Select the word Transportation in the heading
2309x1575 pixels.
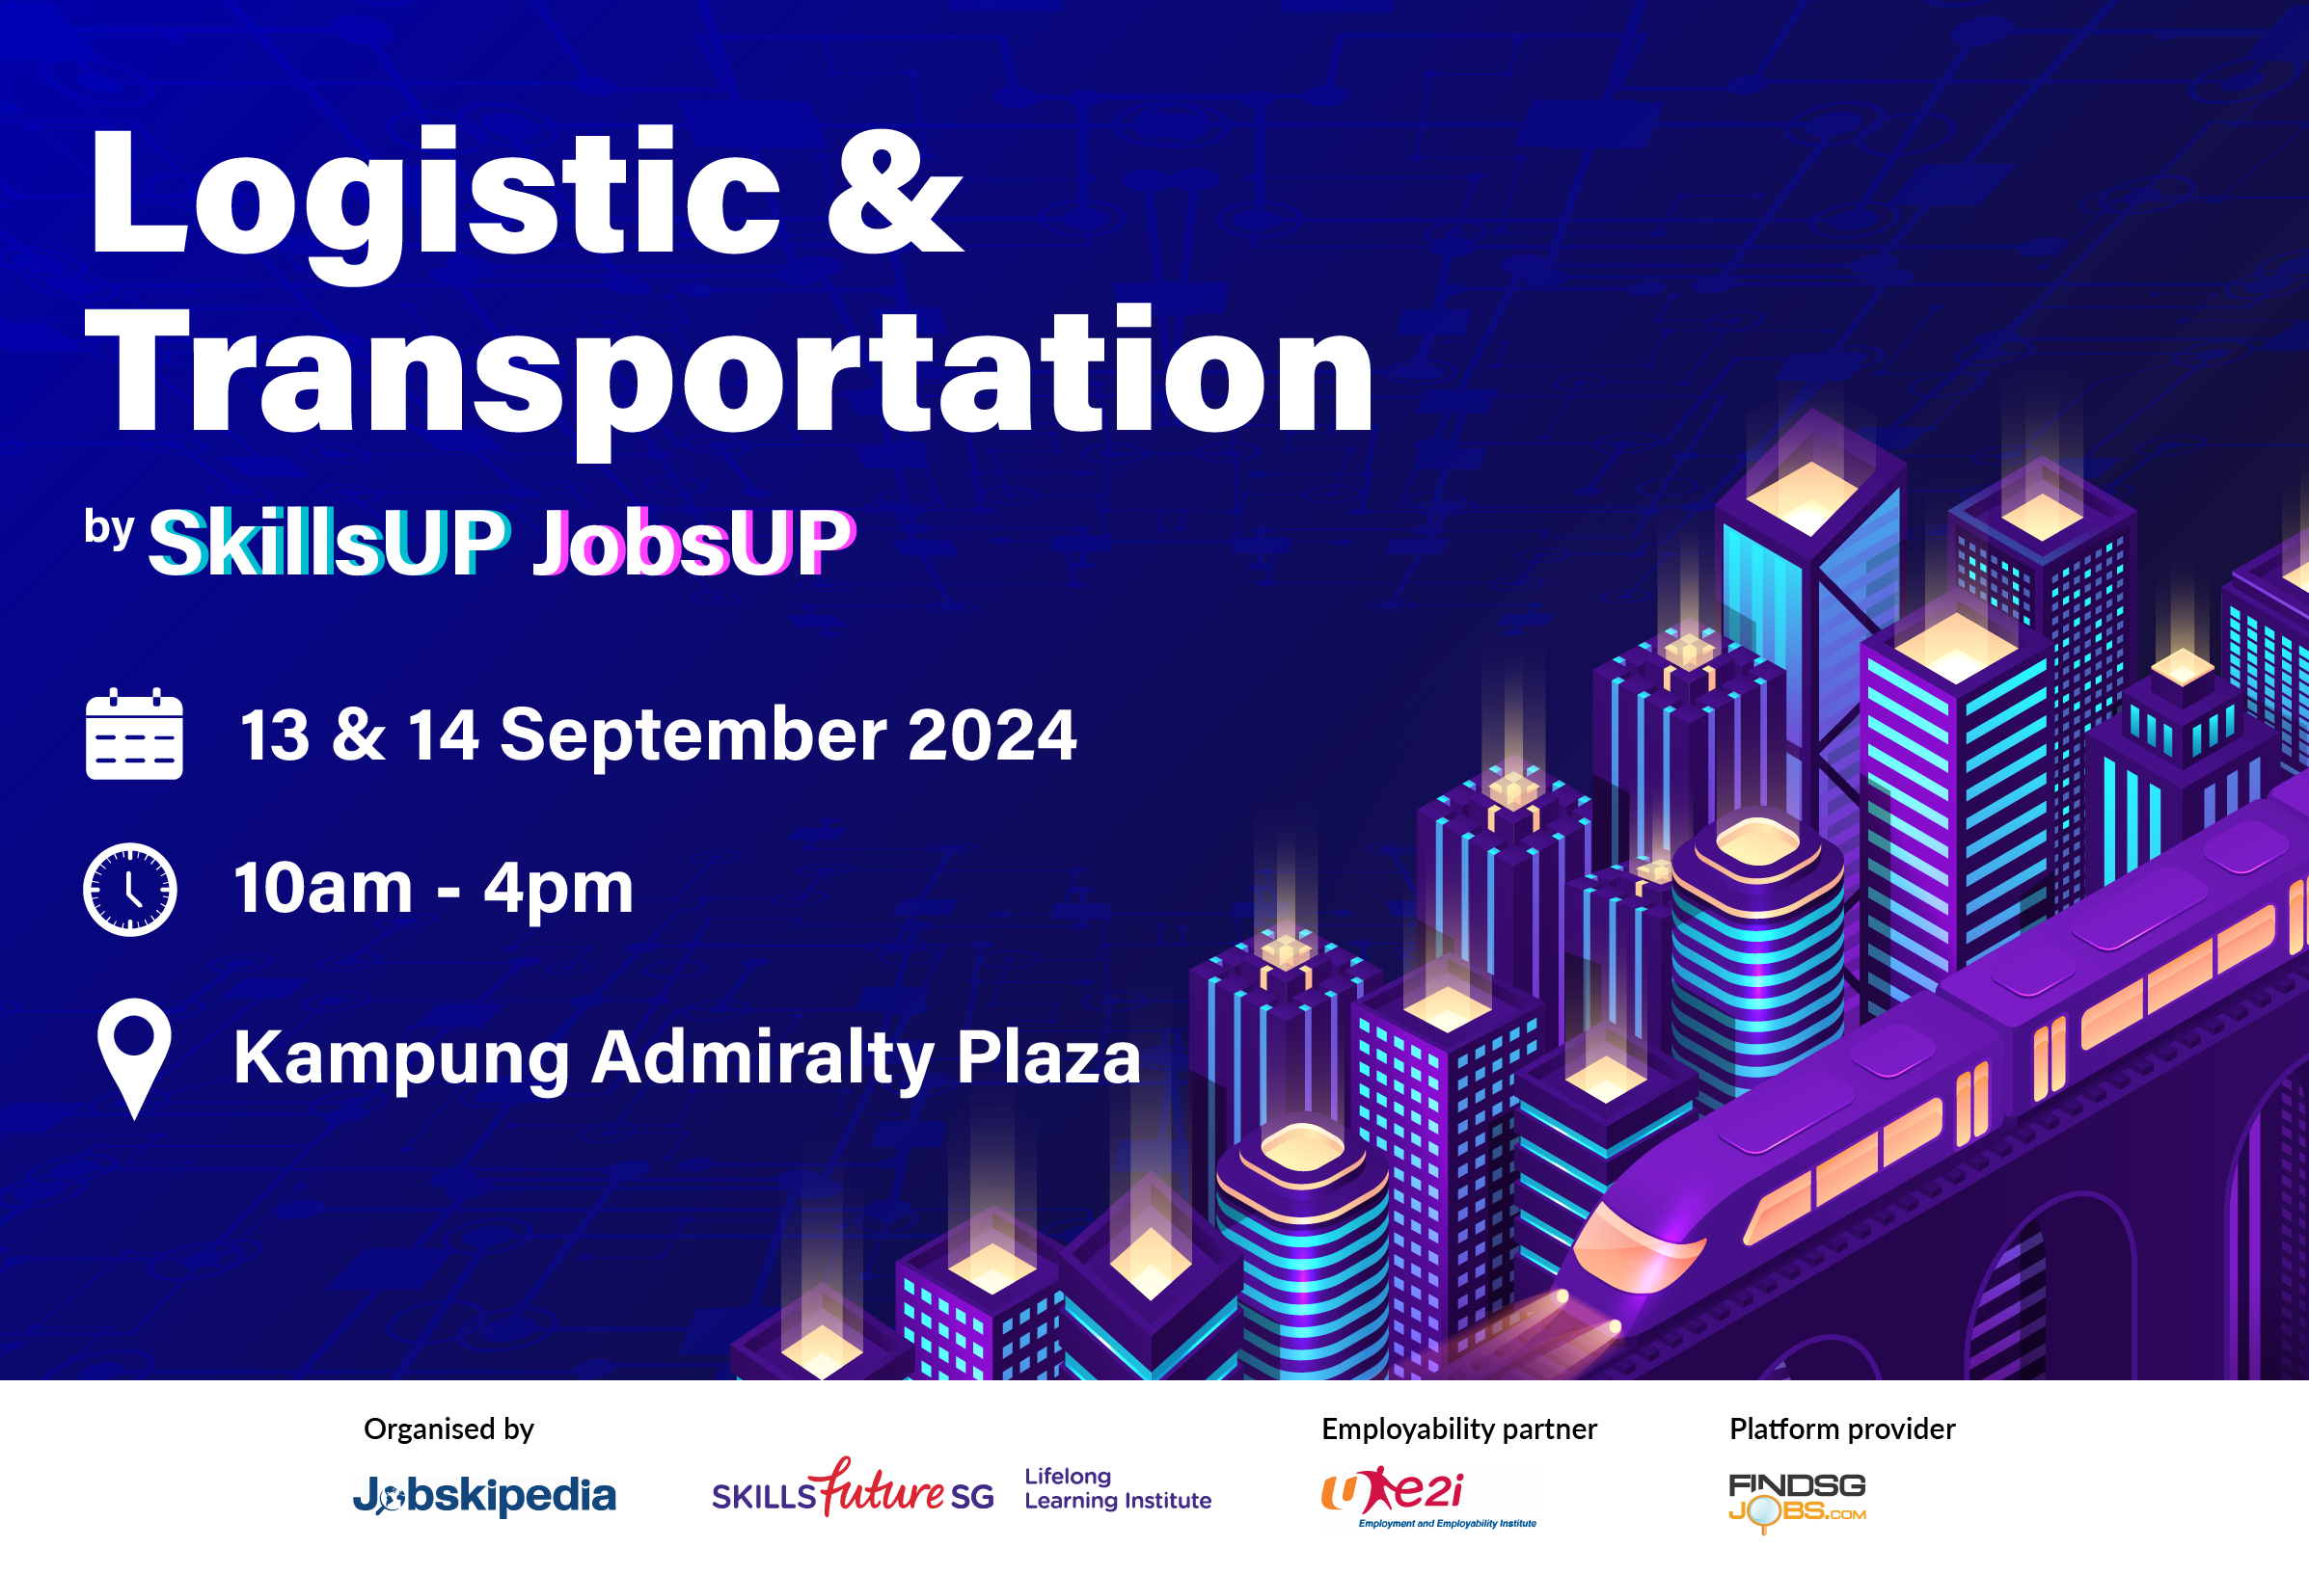[x=730, y=372]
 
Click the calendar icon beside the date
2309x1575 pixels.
[x=134, y=734]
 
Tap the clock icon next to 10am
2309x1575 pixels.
[x=130, y=889]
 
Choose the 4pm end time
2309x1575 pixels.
[x=558, y=888]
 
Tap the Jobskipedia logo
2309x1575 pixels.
[x=485, y=1496]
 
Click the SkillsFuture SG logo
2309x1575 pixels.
[x=853, y=1489]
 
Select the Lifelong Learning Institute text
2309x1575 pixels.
[x=1117, y=1488]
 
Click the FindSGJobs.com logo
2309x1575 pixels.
[x=1796, y=1500]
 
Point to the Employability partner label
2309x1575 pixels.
[x=1458, y=1429]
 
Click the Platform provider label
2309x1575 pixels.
[x=1842, y=1429]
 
